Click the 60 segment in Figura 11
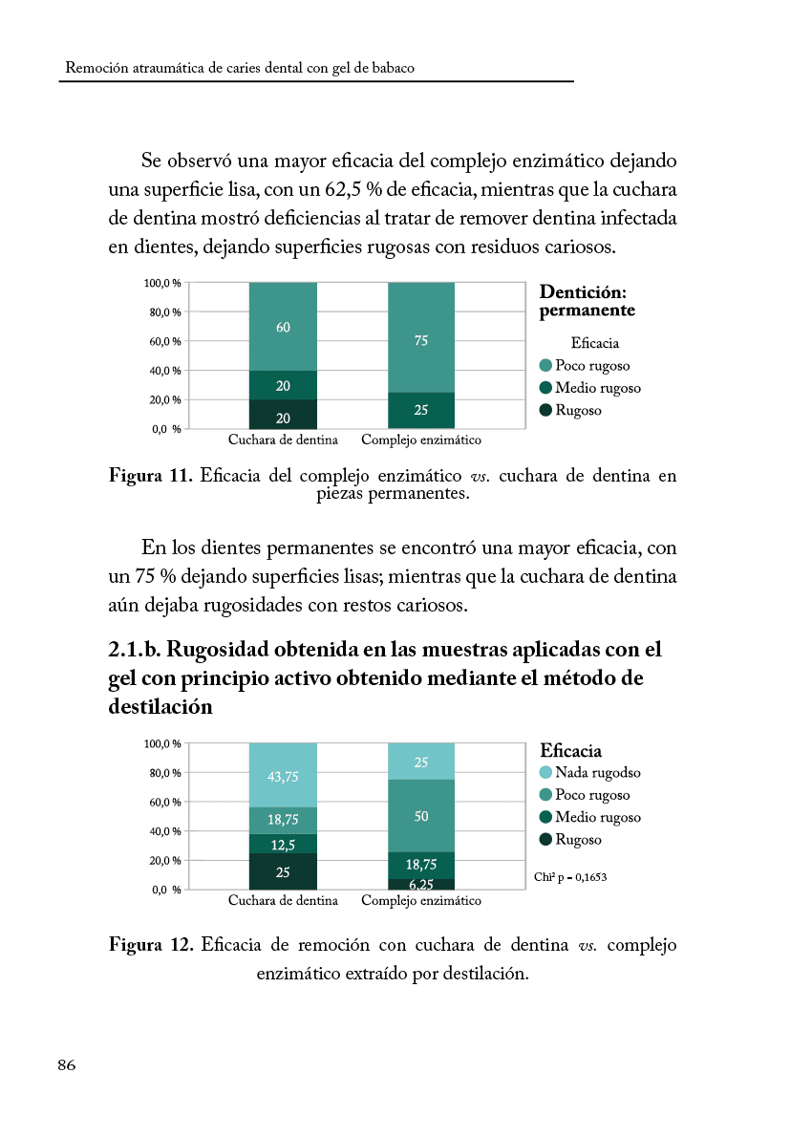coord(283,328)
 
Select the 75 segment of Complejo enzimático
coord(421,339)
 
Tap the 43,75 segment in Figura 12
coord(283,776)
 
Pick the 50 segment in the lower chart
coord(421,816)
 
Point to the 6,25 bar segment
coord(421,885)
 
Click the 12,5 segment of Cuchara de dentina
coord(283,845)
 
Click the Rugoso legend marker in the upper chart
coord(545,411)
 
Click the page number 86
coord(67,1066)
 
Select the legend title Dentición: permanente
coord(587,301)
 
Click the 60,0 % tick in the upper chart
coord(166,341)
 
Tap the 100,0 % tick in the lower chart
coord(163,743)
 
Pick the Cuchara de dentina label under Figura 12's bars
coord(283,901)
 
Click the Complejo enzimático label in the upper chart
coord(421,440)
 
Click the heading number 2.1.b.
coord(139,650)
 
